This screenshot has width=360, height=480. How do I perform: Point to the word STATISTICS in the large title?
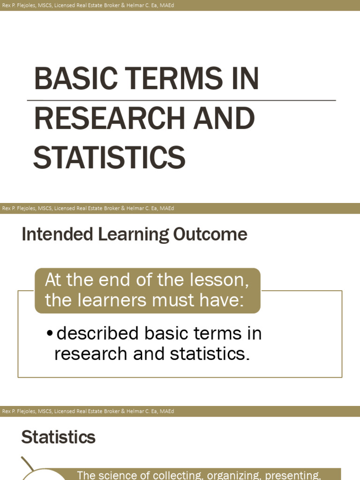(x=109, y=157)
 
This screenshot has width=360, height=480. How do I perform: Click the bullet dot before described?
(x=49, y=335)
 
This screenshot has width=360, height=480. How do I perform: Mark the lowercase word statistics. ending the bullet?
(x=209, y=354)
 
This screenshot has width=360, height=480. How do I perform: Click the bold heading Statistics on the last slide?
(x=58, y=437)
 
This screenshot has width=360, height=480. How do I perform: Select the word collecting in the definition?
(x=177, y=475)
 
